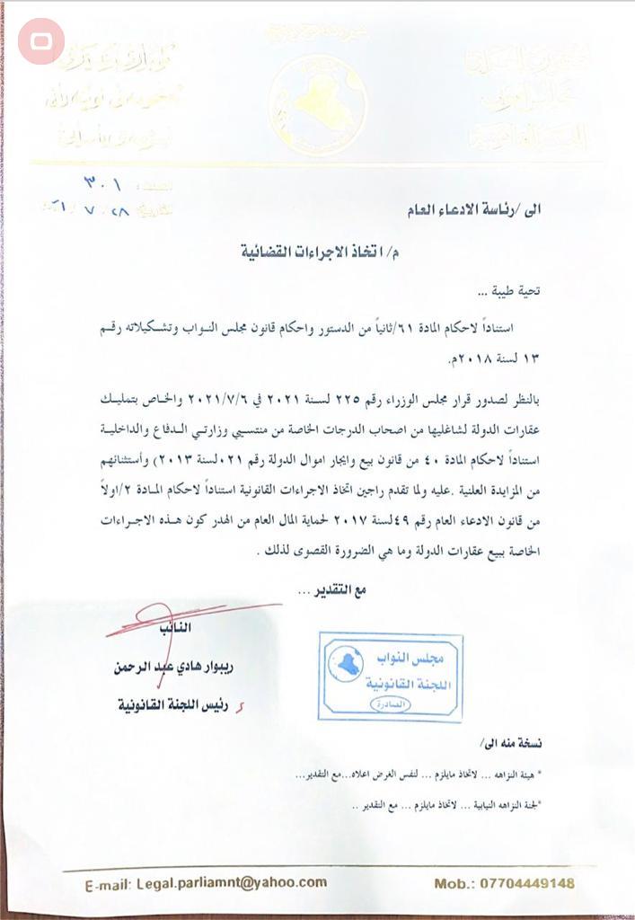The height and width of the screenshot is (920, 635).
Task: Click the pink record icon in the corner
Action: (41, 41)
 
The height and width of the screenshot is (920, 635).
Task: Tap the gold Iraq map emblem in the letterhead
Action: (318, 104)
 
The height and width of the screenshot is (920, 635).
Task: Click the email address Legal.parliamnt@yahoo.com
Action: (232, 883)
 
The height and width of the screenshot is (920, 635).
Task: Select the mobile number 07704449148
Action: (532, 883)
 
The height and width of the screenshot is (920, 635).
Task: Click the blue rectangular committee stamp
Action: (390, 676)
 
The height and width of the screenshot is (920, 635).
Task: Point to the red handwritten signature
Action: (180, 620)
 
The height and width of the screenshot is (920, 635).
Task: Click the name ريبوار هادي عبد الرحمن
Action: (179, 668)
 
